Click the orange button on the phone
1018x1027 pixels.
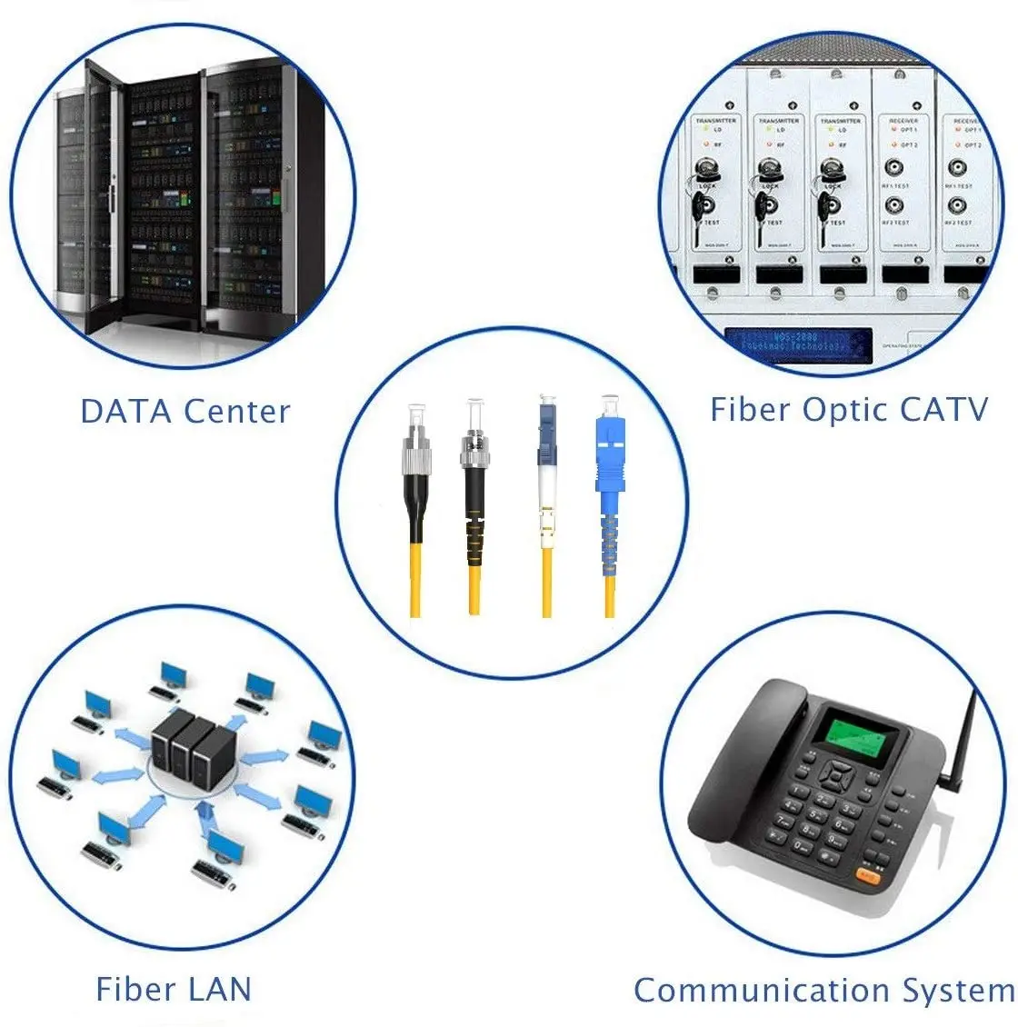click(x=867, y=876)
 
